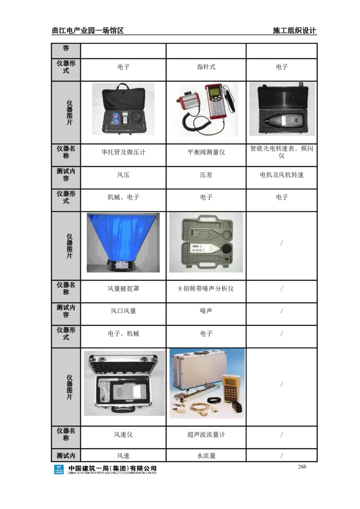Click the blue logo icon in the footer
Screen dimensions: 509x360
pos(59,470)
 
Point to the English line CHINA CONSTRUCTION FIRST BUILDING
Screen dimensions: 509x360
pos(112,473)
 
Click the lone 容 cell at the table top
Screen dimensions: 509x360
pos(66,48)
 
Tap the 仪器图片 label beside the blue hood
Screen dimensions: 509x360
pos(69,246)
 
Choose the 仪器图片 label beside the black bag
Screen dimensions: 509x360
pos(69,112)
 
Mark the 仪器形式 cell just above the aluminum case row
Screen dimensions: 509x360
pos(66,333)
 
